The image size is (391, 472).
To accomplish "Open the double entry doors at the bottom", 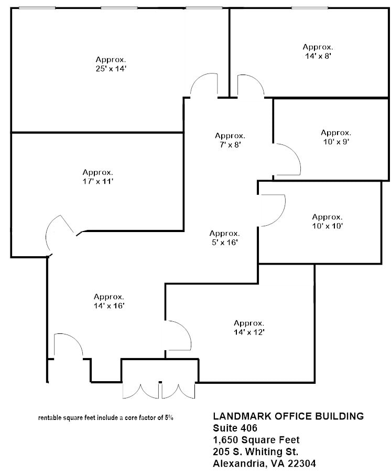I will click(159, 390).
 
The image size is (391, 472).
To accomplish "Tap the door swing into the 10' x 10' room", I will click(273, 210).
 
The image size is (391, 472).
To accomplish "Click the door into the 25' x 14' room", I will click(203, 86).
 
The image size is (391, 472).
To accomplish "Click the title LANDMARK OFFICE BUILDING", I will click(288, 416).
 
